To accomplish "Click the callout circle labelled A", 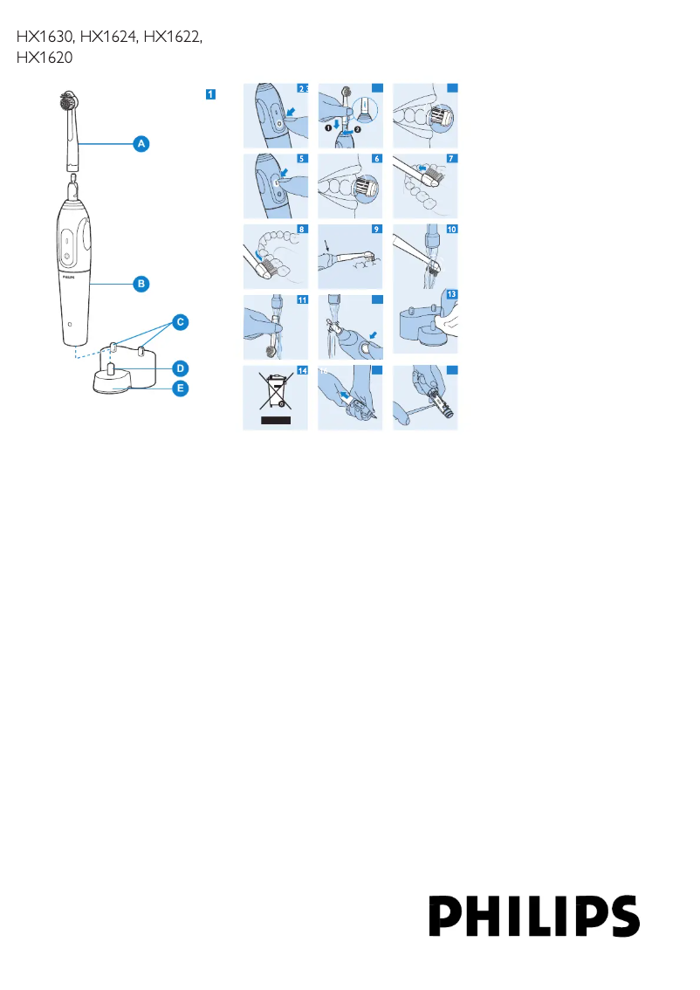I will pyautogui.click(x=141, y=142).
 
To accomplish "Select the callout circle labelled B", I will pyautogui.click(x=141, y=283).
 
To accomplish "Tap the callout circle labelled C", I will pyautogui.click(x=179, y=322).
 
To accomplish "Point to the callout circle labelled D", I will pyautogui.click(x=179, y=368).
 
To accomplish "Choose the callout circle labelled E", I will pyautogui.click(x=179, y=388).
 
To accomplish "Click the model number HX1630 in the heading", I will pyautogui.click(x=45, y=38).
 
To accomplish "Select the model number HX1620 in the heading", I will pyautogui.click(x=44, y=58).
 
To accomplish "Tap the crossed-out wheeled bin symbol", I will pyautogui.click(x=276, y=392).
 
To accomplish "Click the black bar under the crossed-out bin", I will pyautogui.click(x=275, y=420).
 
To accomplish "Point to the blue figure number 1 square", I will pyautogui.click(x=210, y=93).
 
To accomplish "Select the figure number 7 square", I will pyautogui.click(x=450, y=159).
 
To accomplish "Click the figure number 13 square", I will pyautogui.click(x=451, y=295).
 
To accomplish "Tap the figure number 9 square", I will pyautogui.click(x=376, y=230).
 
